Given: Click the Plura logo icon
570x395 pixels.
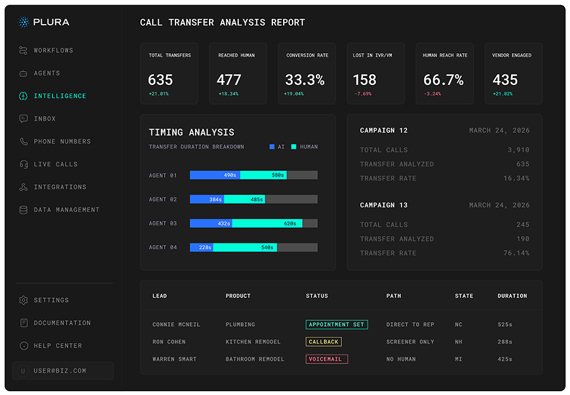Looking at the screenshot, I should (23, 22).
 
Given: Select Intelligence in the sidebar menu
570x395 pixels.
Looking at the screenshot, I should (60, 96).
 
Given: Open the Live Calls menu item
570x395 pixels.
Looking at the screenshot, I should (56, 165).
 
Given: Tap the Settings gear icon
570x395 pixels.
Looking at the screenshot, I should (23, 300).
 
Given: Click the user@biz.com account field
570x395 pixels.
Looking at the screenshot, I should (63, 370).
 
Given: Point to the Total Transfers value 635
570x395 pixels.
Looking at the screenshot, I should (160, 80).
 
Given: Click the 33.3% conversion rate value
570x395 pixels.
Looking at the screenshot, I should (305, 80).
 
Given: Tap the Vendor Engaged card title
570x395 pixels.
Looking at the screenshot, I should (512, 56).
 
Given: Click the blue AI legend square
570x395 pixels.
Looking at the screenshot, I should (272, 147).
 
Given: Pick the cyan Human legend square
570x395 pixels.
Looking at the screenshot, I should (294, 147).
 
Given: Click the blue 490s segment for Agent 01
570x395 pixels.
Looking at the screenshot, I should (215, 175).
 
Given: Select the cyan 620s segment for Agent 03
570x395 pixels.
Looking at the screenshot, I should (267, 223).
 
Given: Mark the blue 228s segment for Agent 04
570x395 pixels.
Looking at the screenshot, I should (201, 248).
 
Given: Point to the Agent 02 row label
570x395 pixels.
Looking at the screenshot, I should (163, 199).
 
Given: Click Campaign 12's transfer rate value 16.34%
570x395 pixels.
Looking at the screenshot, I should (516, 179).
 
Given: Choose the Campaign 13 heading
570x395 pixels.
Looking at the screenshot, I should (384, 205).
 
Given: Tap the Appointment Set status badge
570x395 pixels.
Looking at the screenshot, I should (336, 325).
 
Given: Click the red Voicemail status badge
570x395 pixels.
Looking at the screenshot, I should (327, 359).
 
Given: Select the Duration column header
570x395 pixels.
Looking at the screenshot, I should (512, 296).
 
